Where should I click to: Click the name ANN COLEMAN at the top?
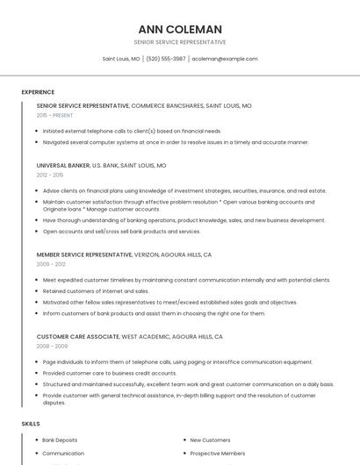click(180, 29)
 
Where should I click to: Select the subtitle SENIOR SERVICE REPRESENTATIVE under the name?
click(180, 42)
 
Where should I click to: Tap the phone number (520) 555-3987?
click(166, 59)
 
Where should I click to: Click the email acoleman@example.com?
click(225, 59)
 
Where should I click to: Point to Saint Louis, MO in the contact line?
click(121, 59)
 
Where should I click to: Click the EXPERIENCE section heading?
click(38, 92)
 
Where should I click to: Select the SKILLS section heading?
click(31, 424)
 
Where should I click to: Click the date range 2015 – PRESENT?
click(55, 115)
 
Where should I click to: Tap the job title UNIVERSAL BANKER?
click(63, 165)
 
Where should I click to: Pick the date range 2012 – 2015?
click(50, 175)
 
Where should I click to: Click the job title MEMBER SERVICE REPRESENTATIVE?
click(83, 254)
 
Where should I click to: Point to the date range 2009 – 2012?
click(51, 264)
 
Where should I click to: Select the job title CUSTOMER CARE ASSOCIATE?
click(78, 336)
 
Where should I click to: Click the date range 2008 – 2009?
click(51, 346)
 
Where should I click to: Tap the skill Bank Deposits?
click(60, 440)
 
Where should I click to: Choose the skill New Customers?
click(210, 440)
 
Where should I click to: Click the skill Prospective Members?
click(217, 454)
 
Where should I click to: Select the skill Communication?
click(63, 454)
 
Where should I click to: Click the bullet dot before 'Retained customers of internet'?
click(37, 291)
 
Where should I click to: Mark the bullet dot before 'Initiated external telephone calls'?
click(37, 131)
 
